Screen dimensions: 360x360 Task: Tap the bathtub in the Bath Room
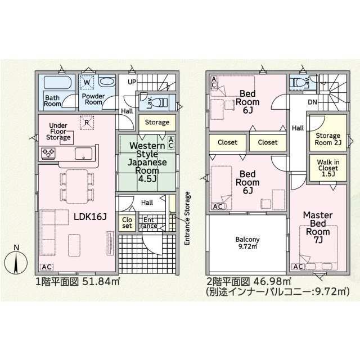(x=57, y=83)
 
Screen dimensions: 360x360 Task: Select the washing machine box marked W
(x=87, y=82)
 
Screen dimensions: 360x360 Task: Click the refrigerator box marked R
(x=87, y=123)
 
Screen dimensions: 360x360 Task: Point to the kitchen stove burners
(x=48, y=152)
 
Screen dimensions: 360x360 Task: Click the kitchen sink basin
(x=84, y=154)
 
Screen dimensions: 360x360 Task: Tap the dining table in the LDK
(x=77, y=186)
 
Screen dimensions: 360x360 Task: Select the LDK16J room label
(x=90, y=216)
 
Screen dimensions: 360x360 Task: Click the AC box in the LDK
(x=47, y=267)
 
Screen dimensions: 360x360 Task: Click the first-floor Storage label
(x=157, y=123)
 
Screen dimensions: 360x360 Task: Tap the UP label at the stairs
(x=132, y=82)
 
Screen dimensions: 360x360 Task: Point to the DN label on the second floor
(x=312, y=102)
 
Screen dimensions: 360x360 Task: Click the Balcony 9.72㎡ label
(x=247, y=242)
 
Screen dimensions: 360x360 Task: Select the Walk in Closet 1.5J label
(x=328, y=168)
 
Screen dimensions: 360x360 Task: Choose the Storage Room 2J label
(x=328, y=139)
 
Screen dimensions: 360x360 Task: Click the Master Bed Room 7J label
(x=318, y=227)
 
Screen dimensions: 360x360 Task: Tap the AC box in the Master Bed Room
(x=298, y=267)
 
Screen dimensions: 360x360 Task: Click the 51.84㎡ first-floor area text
(x=101, y=281)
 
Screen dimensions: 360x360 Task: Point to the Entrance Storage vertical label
(x=187, y=218)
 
